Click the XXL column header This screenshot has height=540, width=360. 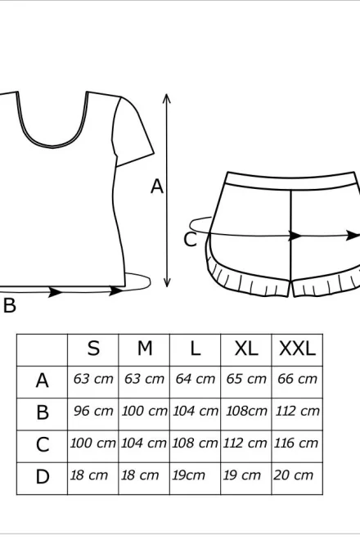click(x=297, y=349)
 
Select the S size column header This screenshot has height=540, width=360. click(x=93, y=349)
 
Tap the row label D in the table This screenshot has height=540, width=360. click(x=43, y=477)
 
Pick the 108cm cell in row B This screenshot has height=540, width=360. click(x=246, y=411)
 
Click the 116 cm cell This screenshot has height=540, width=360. click(x=296, y=443)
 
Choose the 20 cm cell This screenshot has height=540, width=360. click(x=294, y=475)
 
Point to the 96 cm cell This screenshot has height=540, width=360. click(x=93, y=411)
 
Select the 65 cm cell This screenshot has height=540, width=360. click(x=246, y=379)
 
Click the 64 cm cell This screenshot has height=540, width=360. click(x=196, y=379)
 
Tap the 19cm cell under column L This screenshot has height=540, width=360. click(x=188, y=475)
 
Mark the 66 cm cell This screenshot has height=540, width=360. click(x=297, y=379)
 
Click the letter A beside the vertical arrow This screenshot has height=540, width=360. click(x=157, y=187)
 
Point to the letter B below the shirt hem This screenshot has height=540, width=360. click(x=10, y=305)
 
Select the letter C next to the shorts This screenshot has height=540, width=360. click(x=190, y=240)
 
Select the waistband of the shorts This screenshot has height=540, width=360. click(x=291, y=181)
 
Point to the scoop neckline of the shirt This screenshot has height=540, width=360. click(x=52, y=146)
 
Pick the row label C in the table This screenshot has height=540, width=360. click(x=43, y=444)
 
